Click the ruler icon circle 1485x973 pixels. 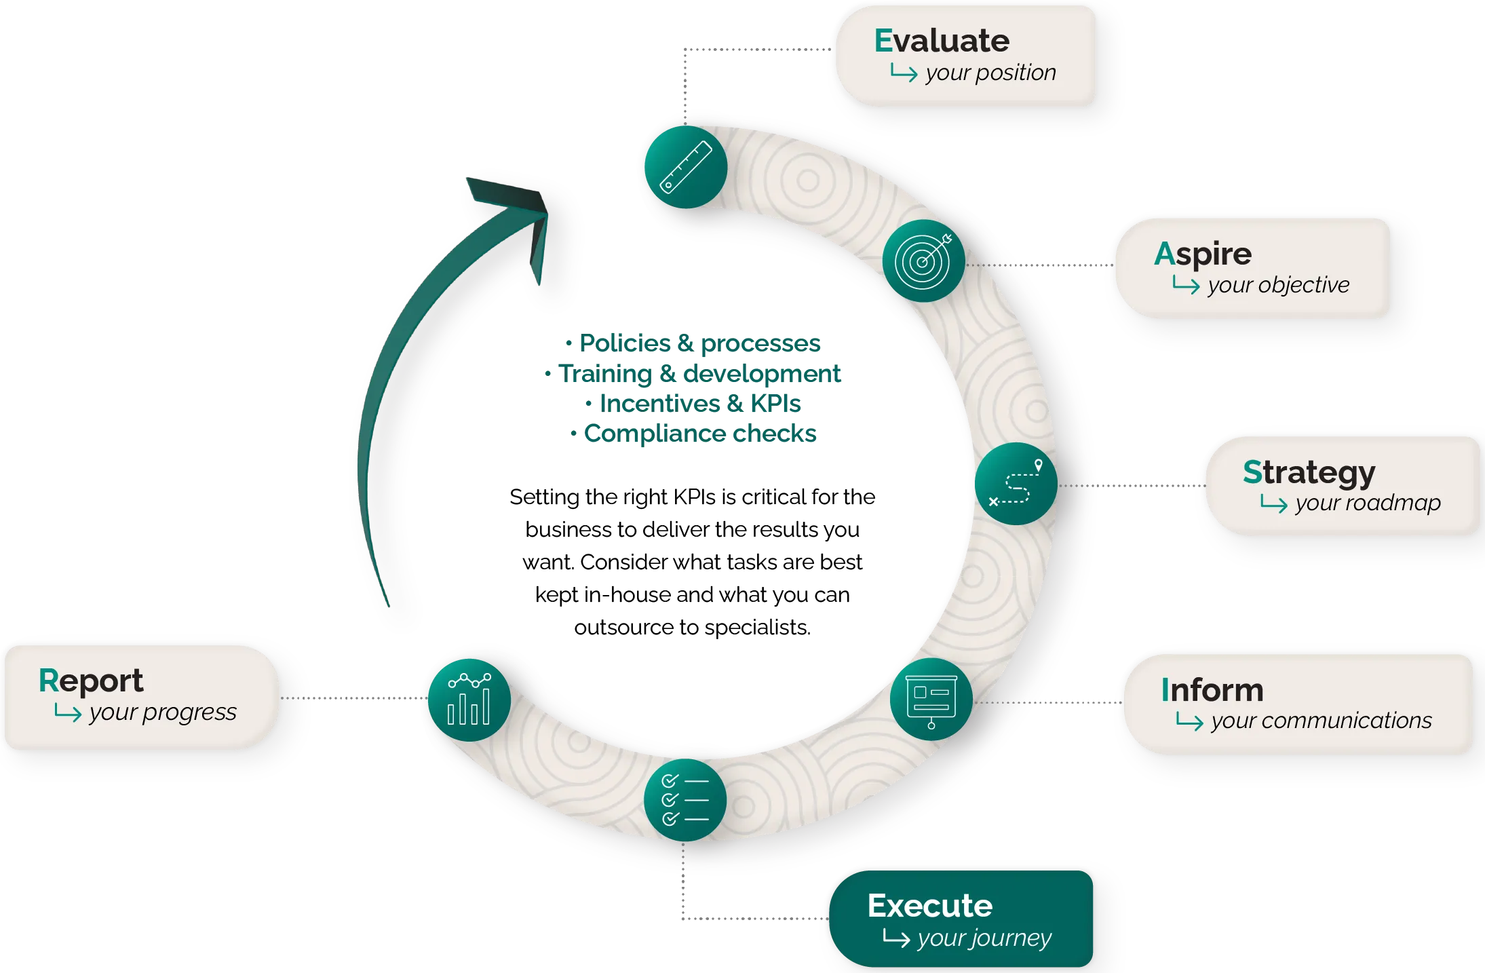(x=686, y=167)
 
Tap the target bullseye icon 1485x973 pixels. (x=923, y=261)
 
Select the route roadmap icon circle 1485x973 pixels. (x=1016, y=484)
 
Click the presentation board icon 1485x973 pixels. (x=931, y=700)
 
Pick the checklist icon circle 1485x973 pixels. (x=685, y=801)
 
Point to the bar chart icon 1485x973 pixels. (x=469, y=700)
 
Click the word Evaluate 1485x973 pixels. (x=942, y=41)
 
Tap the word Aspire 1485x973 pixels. (x=1203, y=254)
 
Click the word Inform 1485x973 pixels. (x=1212, y=690)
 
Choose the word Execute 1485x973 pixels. (x=929, y=906)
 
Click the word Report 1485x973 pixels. (x=91, y=681)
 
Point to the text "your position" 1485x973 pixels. (x=990, y=73)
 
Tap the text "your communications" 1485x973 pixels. (x=1322, y=721)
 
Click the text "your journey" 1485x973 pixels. (x=984, y=938)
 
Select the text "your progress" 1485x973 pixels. (x=163, y=712)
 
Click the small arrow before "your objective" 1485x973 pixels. (x=1186, y=285)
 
